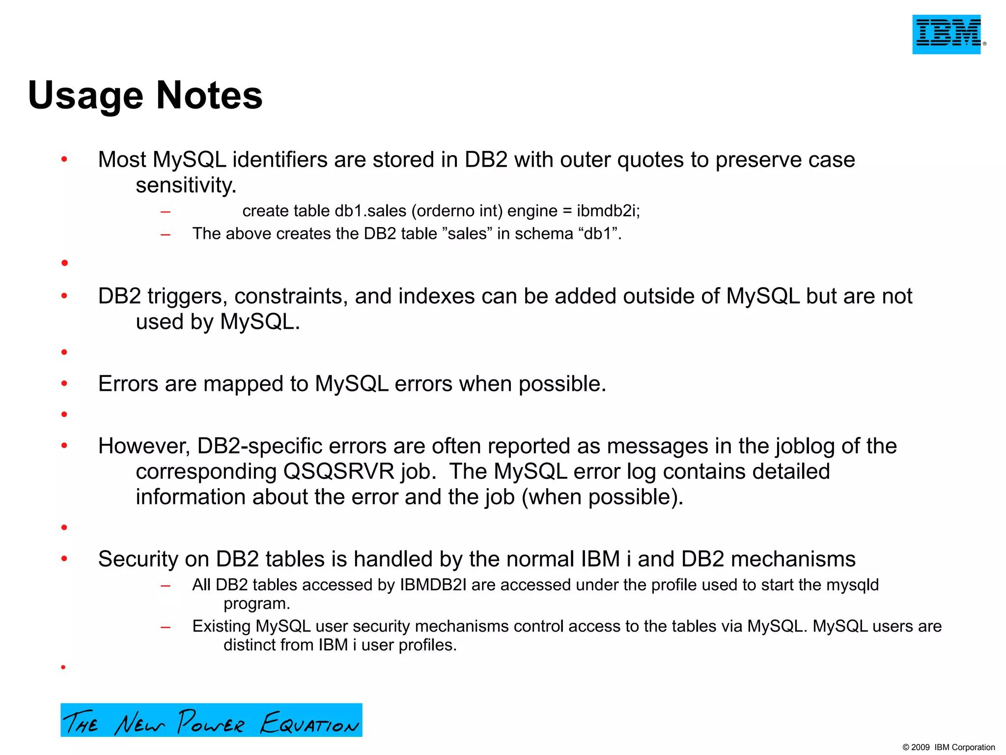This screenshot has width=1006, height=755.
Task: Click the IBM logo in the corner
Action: coord(947,34)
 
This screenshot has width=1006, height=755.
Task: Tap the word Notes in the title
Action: coord(209,95)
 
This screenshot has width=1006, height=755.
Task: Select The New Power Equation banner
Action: coord(211,720)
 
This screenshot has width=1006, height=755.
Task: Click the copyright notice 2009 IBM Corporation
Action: coord(949,747)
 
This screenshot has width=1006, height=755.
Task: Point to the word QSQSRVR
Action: coord(339,471)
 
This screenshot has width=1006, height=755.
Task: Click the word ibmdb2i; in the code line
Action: coord(608,211)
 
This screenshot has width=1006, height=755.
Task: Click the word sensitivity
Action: coord(186,186)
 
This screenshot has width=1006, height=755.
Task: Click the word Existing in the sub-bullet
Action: coord(221,626)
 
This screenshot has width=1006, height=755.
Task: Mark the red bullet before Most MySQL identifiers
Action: coord(64,159)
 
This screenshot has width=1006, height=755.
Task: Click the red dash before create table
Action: coord(166,212)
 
